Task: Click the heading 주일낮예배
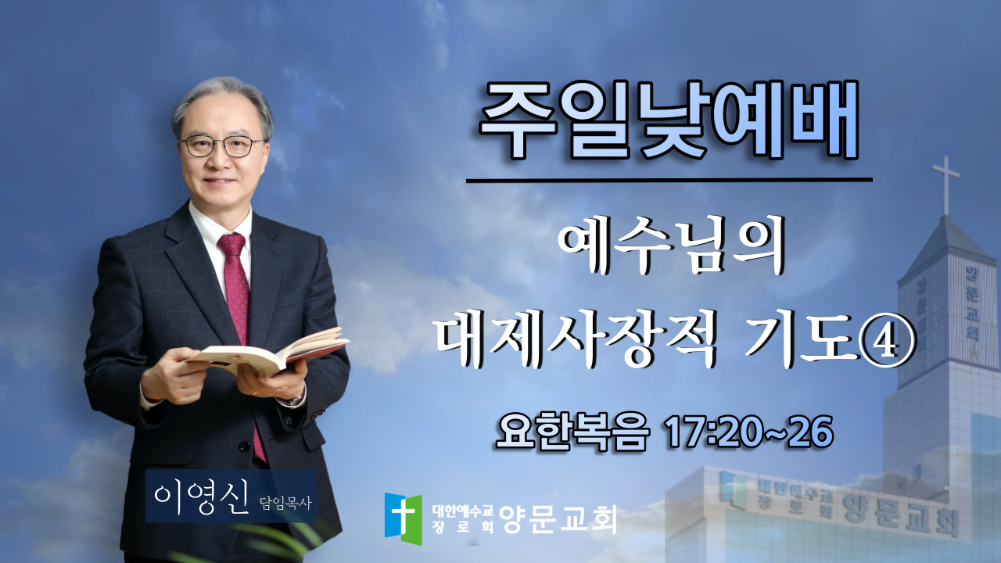click(x=669, y=120)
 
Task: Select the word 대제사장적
click(x=577, y=339)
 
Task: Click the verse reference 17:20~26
click(x=749, y=432)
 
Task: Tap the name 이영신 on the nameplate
click(x=201, y=499)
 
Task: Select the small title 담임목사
click(x=285, y=504)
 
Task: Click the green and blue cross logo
click(x=403, y=518)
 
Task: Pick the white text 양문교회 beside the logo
click(x=558, y=518)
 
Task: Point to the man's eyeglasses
click(x=222, y=146)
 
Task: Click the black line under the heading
click(x=669, y=180)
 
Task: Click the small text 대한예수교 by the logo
click(x=462, y=511)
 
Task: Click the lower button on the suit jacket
click(x=244, y=446)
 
